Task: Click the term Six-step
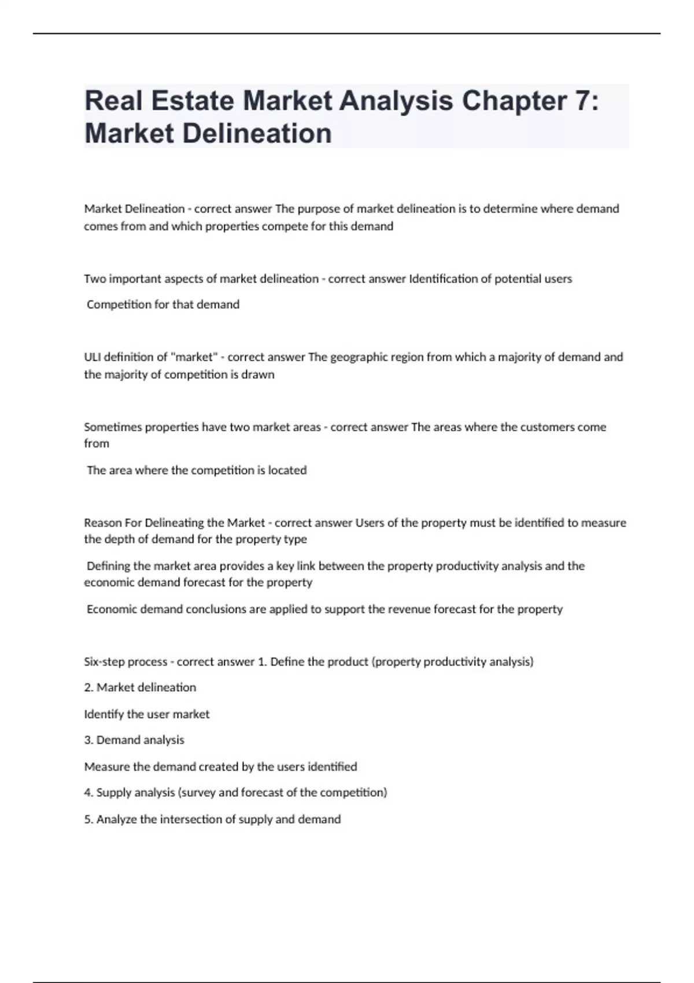pos(105,662)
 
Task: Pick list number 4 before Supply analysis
pos(88,792)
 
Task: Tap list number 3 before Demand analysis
pos(88,740)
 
